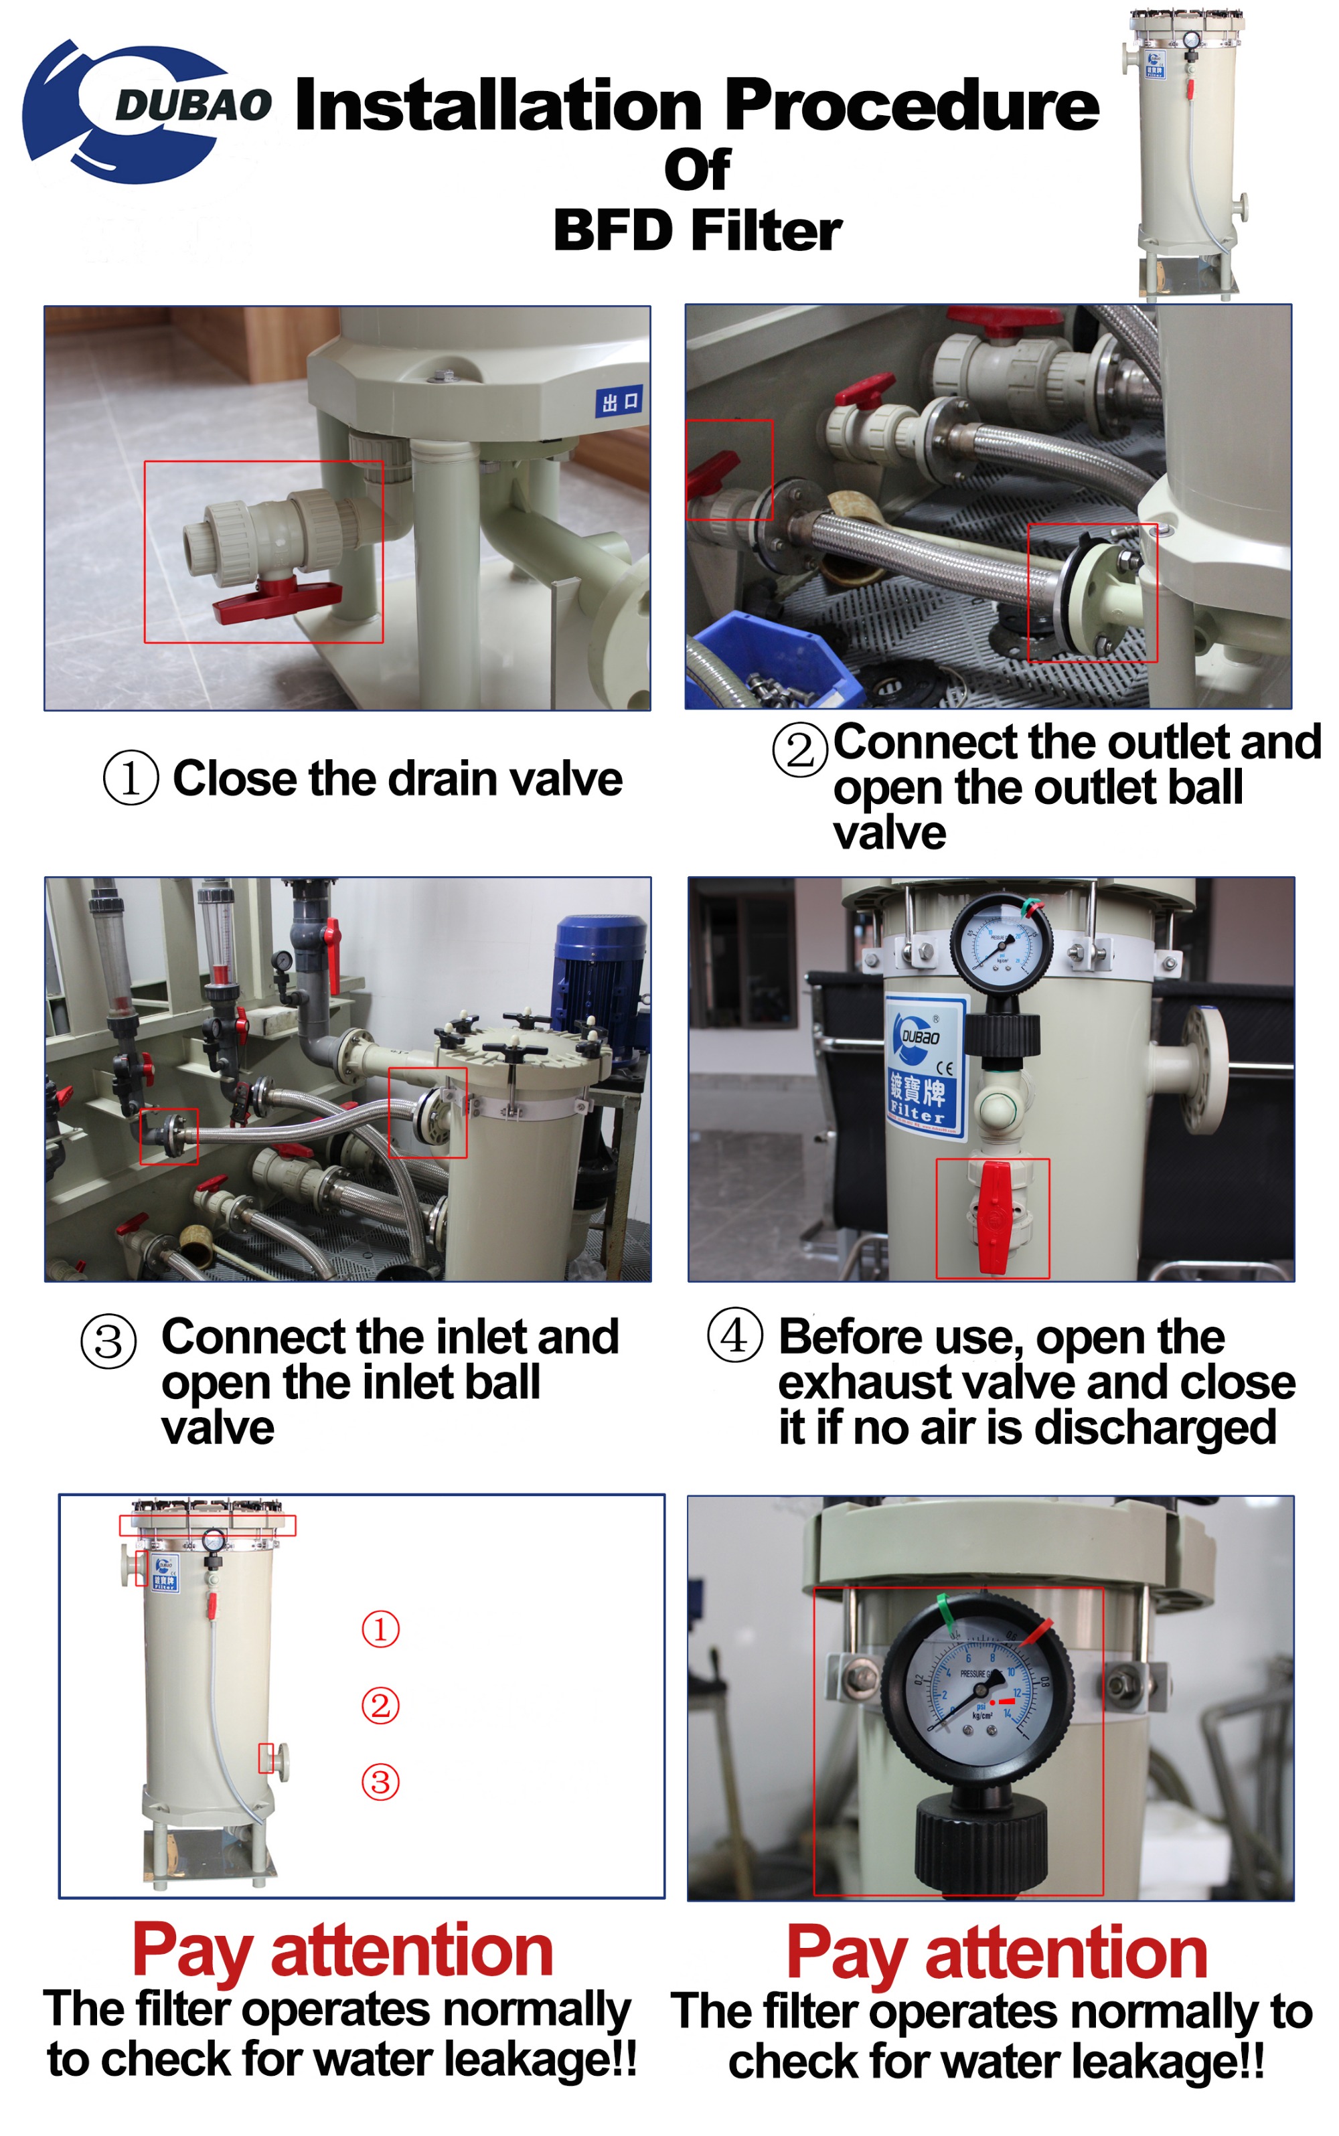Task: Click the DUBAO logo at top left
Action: point(142,110)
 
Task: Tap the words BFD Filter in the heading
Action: point(697,231)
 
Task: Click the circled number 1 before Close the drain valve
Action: point(131,778)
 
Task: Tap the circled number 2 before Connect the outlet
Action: point(799,750)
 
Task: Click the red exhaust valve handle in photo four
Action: point(994,1217)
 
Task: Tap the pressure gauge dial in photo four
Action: point(1002,945)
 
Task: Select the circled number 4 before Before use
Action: point(734,1335)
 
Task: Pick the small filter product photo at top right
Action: point(1186,155)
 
